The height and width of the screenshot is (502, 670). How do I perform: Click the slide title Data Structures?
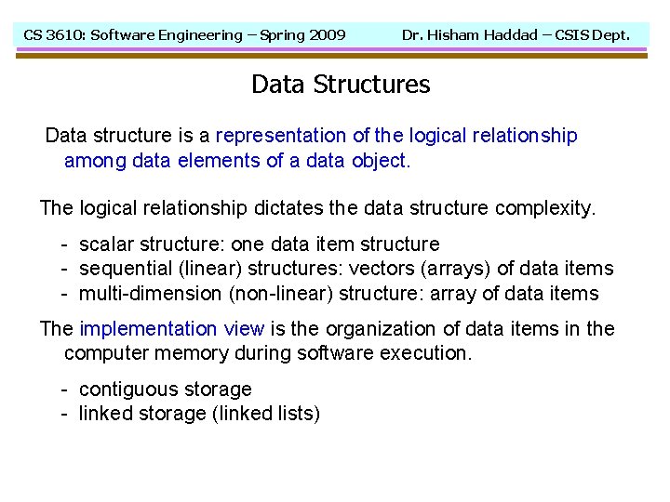tap(341, 85)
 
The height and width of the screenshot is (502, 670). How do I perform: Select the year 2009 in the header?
tap(326, 35)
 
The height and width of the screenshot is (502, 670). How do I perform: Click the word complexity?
tap(544, 207)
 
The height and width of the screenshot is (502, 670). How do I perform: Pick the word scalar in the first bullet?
tap(107, 244)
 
